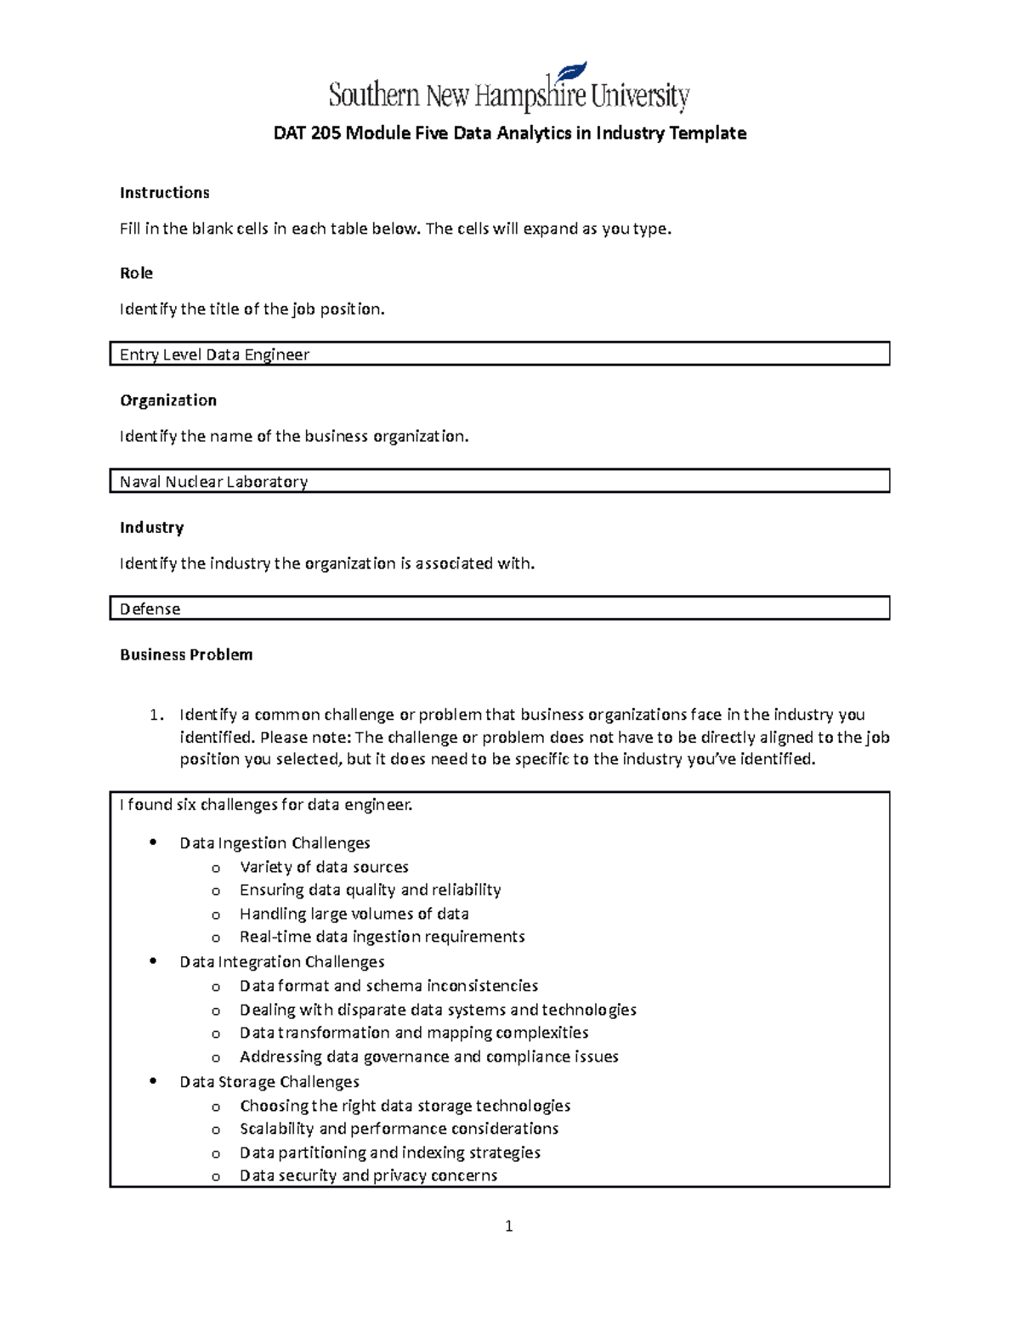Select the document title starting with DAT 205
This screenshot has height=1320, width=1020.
(x=508, y=133)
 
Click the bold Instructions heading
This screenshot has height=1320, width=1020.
(x=164, y=193)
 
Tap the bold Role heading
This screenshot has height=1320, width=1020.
(x=136, y=273)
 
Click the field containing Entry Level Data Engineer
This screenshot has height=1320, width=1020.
(x=499, y=354)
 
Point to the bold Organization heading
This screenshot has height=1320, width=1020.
(x=167, y=400)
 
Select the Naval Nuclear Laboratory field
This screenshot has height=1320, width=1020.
(x=499, y=482)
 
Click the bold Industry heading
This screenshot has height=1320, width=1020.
(x=151, y=528)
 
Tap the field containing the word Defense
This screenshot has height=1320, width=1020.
(x=499, y=609)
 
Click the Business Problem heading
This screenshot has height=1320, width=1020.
(x=186, y=654)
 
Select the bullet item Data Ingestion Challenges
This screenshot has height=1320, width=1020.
(x=275, y=843)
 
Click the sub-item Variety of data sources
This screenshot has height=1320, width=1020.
(x=324, y=867)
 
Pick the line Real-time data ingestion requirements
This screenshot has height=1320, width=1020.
(x=382, y=937)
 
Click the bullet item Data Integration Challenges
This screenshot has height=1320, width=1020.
(x=281, y=962)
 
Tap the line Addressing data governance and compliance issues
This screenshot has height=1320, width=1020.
(x=428, y=1057)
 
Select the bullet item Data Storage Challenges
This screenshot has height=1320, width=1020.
(x=269, y=1082)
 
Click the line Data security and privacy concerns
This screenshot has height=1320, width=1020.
(x=368, y=1176)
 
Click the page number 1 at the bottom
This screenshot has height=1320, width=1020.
(x=508, y=1226)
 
